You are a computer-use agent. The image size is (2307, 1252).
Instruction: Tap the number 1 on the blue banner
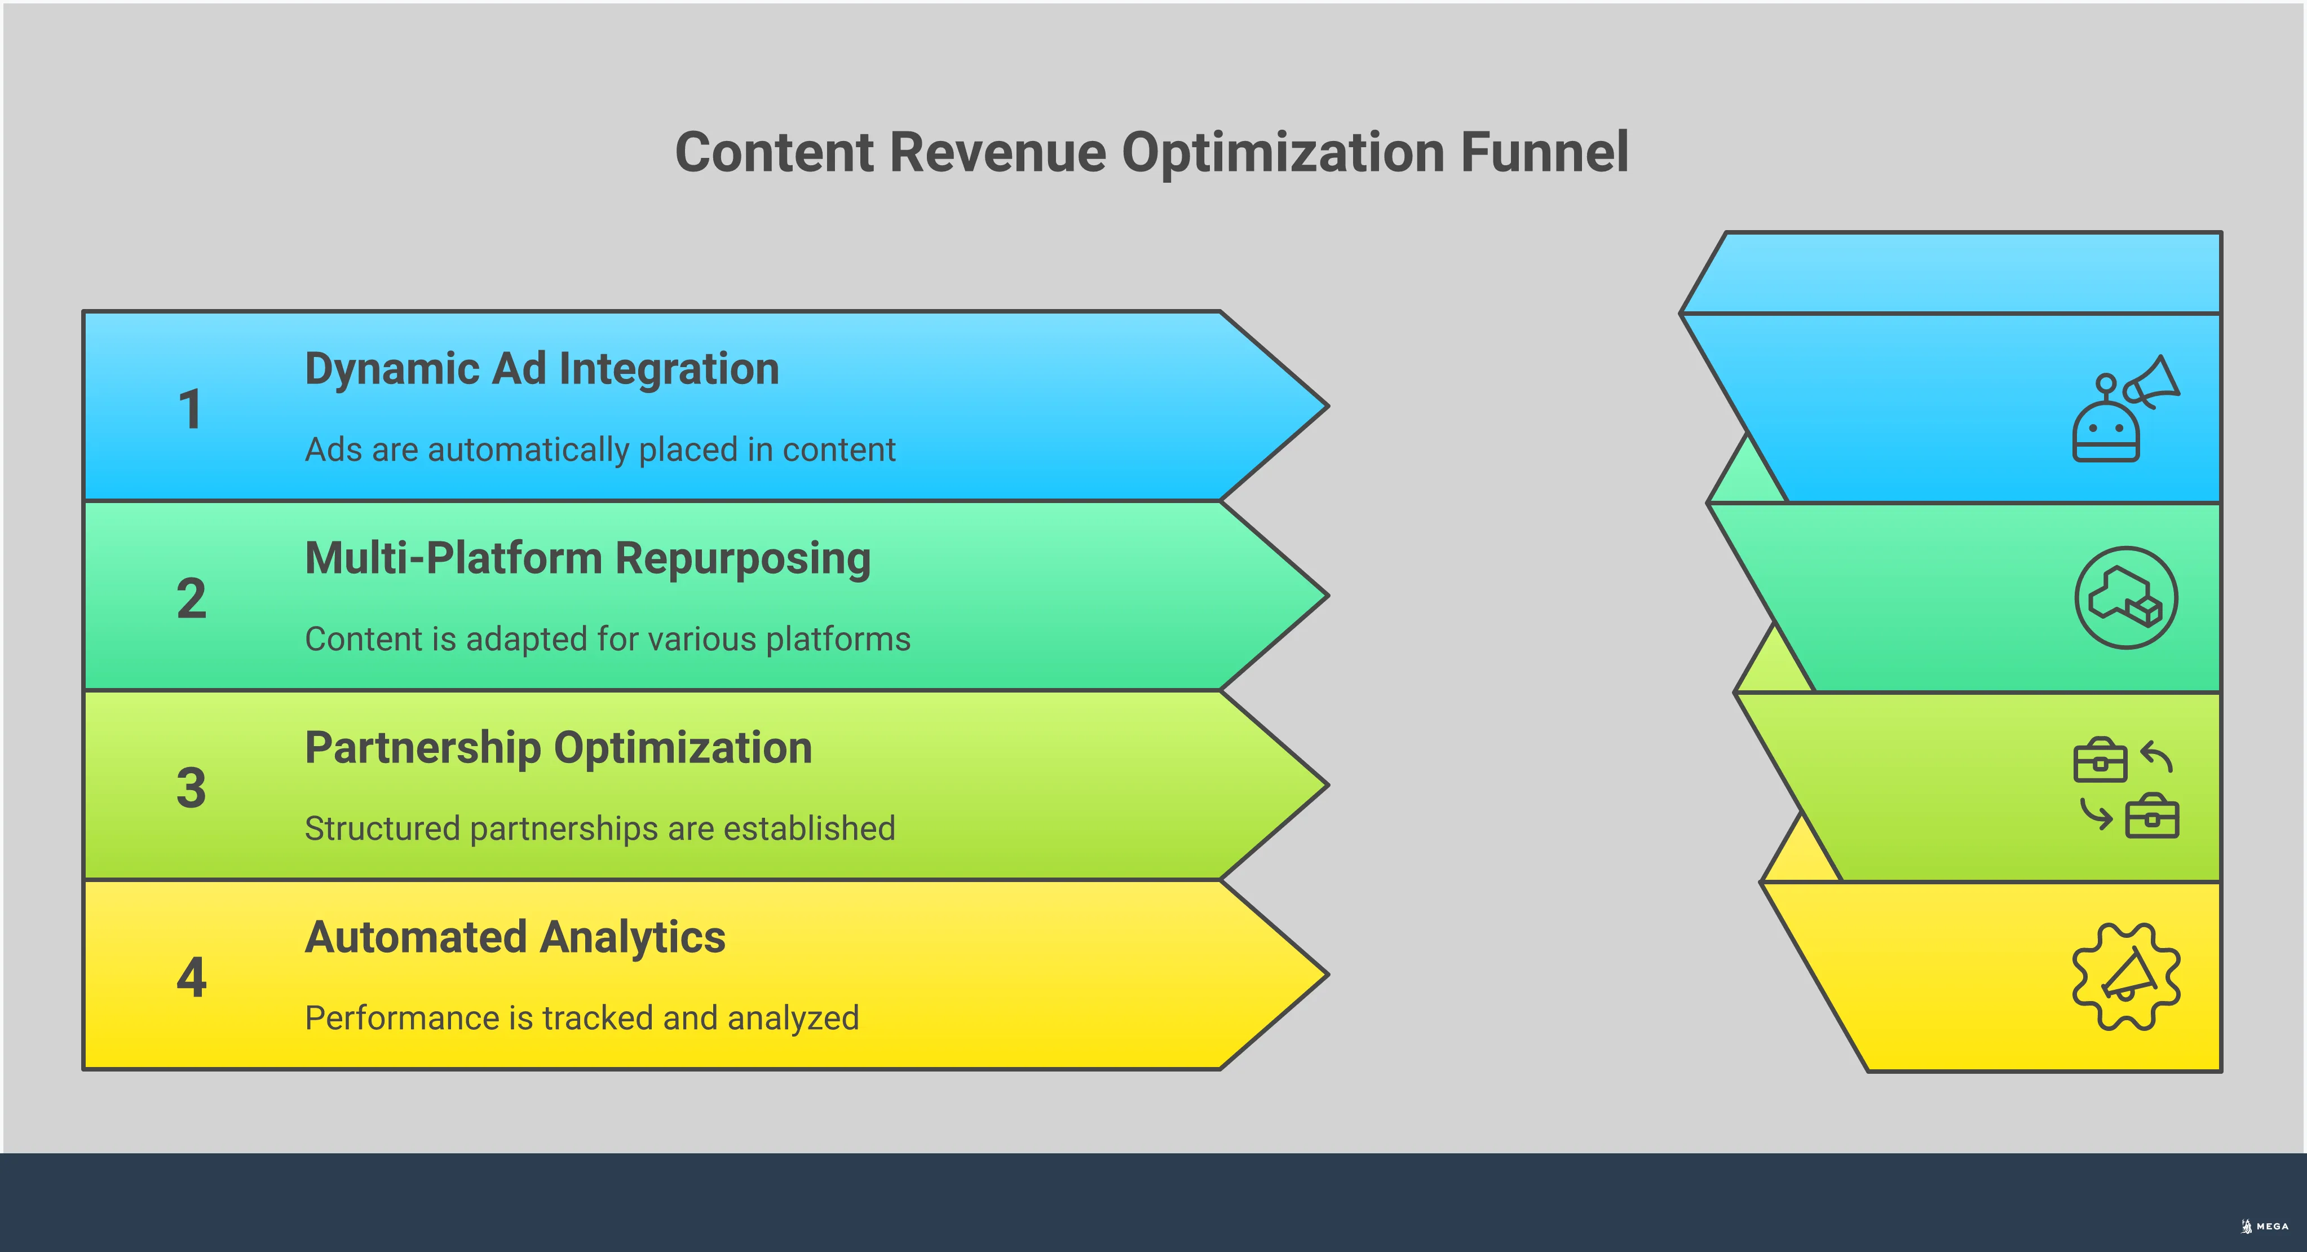point(190,409)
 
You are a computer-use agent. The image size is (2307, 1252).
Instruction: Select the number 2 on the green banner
point(191,598)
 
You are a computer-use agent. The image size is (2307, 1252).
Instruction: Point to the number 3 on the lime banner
point(191,788)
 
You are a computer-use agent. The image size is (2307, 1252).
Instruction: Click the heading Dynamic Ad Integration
point(542,369)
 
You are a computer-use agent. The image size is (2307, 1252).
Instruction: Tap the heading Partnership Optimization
point(558,748)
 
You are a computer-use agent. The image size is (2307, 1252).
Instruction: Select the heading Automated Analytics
point(515,938)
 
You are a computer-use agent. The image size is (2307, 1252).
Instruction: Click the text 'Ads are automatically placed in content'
point(600,449)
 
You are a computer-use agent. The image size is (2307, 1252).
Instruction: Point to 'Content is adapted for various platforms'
point(607,640)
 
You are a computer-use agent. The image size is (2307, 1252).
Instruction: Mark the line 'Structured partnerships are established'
point(600,828)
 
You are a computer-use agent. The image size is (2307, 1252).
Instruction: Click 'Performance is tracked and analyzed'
point(582,1019)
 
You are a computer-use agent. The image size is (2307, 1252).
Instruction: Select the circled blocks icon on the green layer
point(2125,597)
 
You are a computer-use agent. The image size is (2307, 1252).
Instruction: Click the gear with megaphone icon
point(2125,976)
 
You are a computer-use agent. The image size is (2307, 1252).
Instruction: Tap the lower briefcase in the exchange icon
point(2151,817)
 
